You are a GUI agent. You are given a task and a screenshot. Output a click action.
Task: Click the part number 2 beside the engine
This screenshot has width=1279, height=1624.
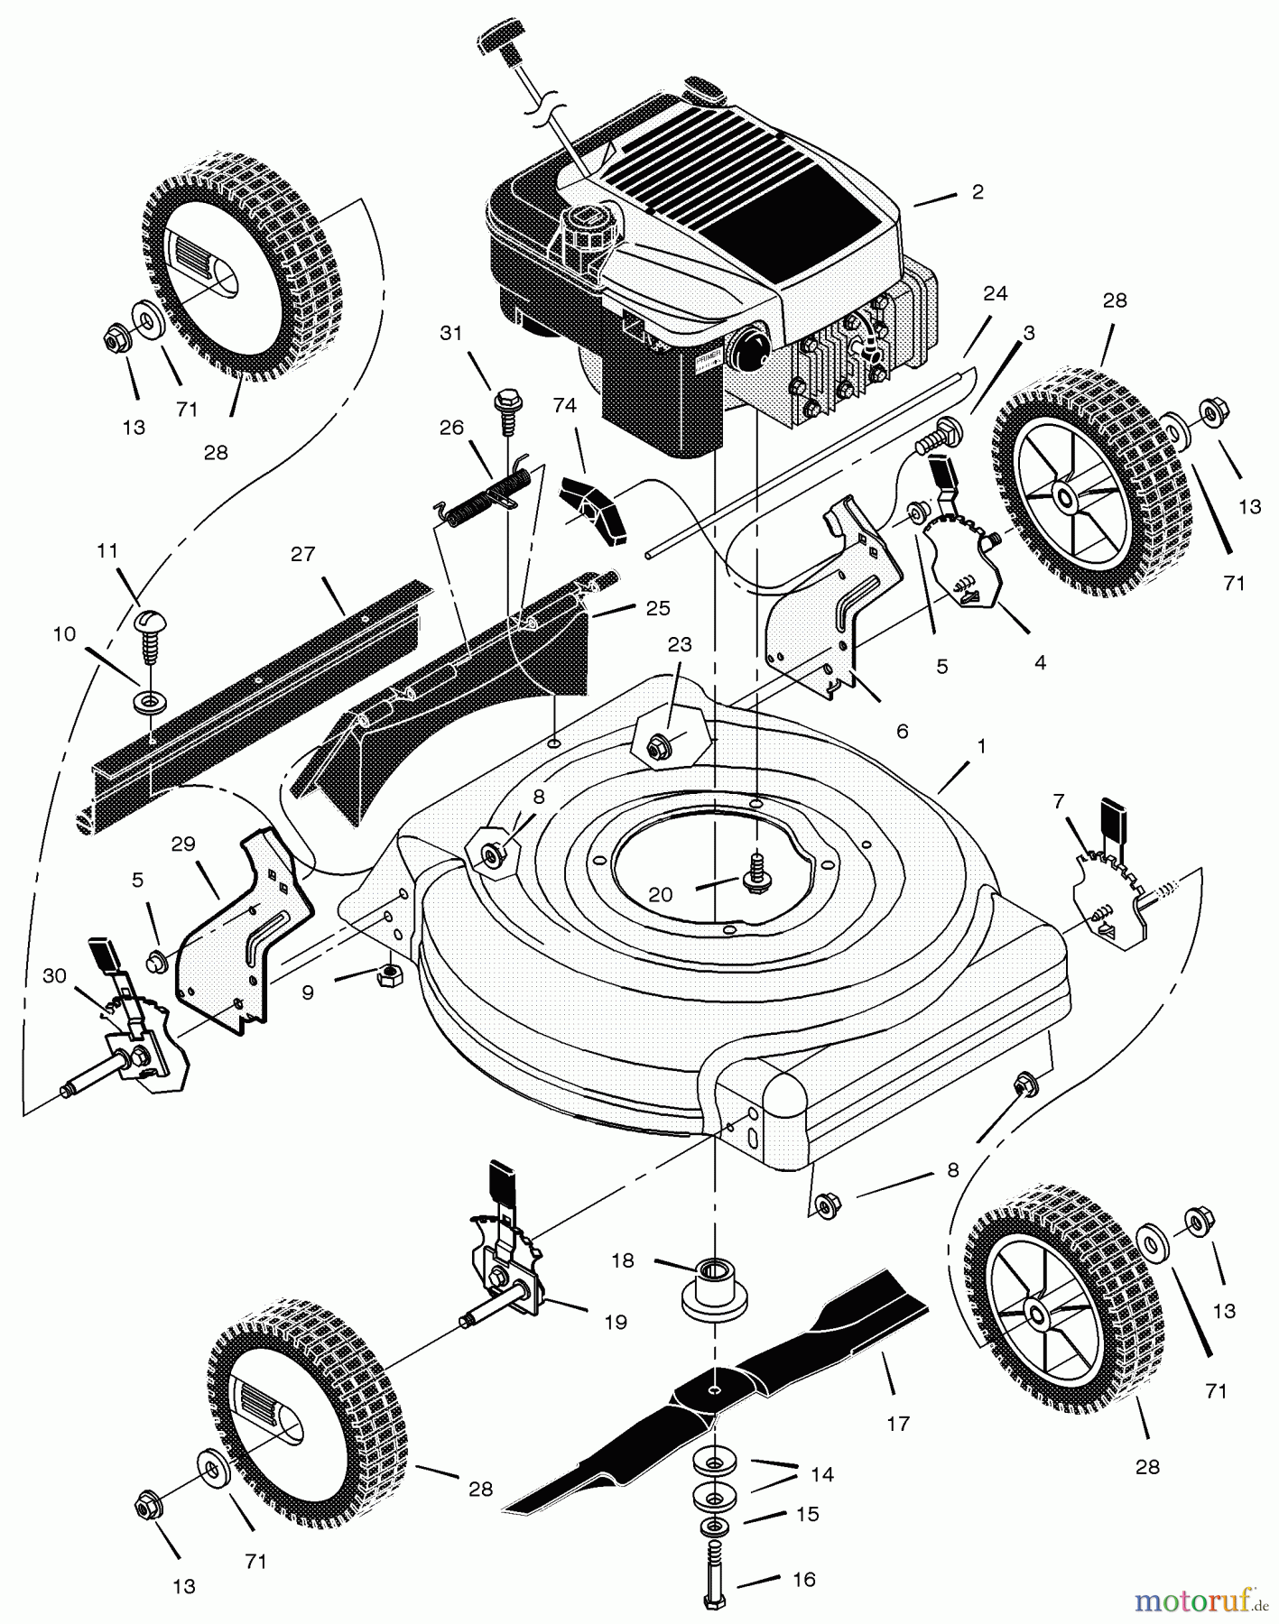click(x=978, y=191)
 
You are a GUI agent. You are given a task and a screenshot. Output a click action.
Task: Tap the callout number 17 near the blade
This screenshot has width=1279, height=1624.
click(x=898, y=1424)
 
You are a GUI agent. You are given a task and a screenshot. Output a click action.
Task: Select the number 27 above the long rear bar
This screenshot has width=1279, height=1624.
click(x=303, y=553)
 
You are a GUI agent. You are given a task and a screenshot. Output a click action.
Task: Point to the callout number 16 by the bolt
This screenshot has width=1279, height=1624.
click(x=803, y=1580)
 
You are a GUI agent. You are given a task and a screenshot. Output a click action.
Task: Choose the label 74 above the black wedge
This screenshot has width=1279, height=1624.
click(x=564, y=406)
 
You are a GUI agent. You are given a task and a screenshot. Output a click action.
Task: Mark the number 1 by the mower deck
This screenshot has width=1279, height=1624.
click(x=981, y=747)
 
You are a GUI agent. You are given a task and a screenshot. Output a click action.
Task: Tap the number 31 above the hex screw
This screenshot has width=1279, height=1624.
click(x=451, y=333)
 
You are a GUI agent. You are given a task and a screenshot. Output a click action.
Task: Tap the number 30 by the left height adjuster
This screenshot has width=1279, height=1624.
click(x=54, y=975)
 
